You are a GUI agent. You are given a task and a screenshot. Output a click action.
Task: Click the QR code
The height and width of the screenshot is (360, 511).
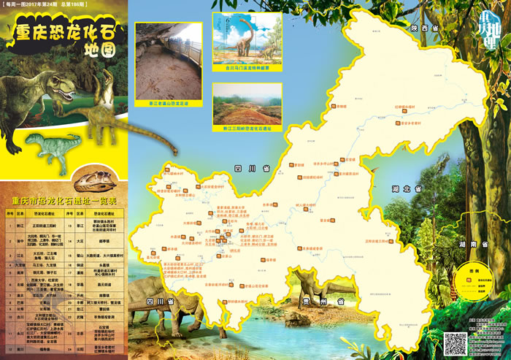click(x=456, y=343)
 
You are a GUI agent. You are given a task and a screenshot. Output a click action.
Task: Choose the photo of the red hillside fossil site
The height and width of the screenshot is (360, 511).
click(x=247, y=103)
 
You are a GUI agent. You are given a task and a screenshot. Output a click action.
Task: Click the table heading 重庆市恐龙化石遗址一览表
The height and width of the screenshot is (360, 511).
click(x=64, y=199)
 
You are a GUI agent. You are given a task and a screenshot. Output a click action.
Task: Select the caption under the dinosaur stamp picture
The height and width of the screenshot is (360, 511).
click(x=247, y=70)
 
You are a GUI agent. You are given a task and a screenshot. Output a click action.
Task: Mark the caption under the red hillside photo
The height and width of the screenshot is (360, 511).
click(x=247, y=129)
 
